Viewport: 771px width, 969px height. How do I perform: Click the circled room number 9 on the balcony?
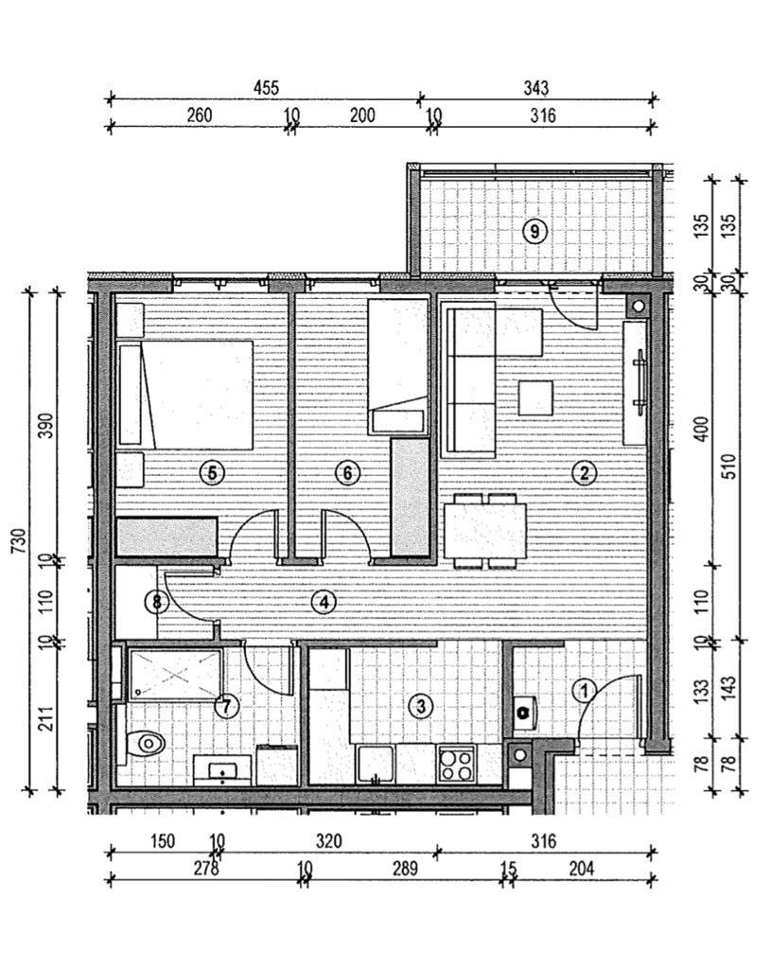pyautogui.click(x=535, y=230)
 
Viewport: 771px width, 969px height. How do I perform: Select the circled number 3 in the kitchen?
pyautogui.click(x=420, y=705)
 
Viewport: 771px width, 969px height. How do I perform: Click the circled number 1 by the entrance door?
pyautogui.click(x=585, y=692)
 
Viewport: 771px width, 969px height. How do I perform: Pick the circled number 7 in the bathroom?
pyautogui.click(x=226, y=705)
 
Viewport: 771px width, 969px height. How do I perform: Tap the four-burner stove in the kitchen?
pyautogui.click(x=457, y=763)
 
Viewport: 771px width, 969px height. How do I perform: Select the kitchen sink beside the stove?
pyautogui.click(x=377, y=763)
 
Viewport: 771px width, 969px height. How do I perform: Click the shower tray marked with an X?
pyautogui.click(x=174, y=675)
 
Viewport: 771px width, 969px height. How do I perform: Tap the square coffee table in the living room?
pyautogui.click(x=536, y=397)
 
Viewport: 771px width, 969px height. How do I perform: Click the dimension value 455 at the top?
pyautogui.click(x=266, y=88)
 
